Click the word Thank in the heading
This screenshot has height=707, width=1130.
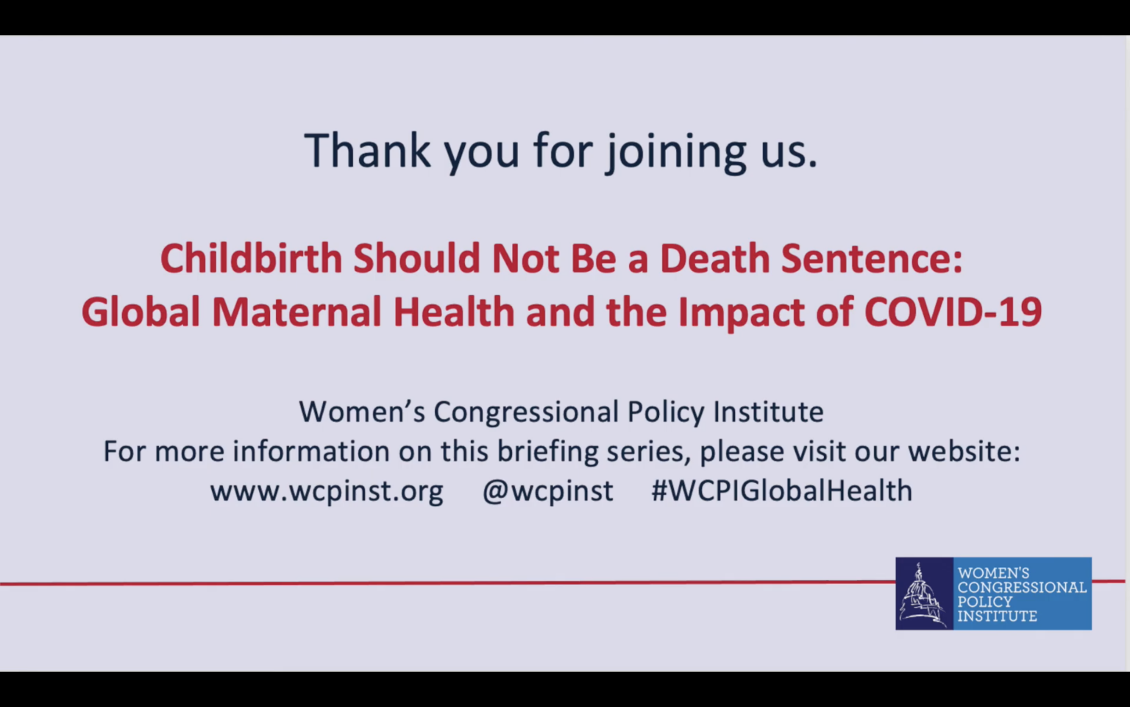click(368, 150)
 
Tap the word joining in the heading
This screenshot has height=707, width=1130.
click(676, 152)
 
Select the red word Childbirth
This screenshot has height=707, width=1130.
click(251, 258)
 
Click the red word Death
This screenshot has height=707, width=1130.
click(715, 258)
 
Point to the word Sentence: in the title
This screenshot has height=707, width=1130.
click(872, 258)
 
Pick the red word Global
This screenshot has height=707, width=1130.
click(141, 312)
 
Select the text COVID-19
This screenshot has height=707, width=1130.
click(953, 312)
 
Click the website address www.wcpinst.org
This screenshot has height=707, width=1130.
click(327, 491)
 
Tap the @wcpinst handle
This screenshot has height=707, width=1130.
click(548, 491)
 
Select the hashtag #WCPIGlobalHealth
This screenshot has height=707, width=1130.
click(782, 490)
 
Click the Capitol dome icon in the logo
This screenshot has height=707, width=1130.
click(924, 594)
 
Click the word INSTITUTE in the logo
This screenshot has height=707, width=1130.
click(998, 616)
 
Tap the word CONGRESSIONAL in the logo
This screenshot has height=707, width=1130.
click(1022, 587)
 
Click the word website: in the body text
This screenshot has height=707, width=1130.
click(964, 451)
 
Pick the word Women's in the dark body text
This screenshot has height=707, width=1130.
click(362, 411)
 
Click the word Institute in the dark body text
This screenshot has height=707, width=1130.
click(768, 411)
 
